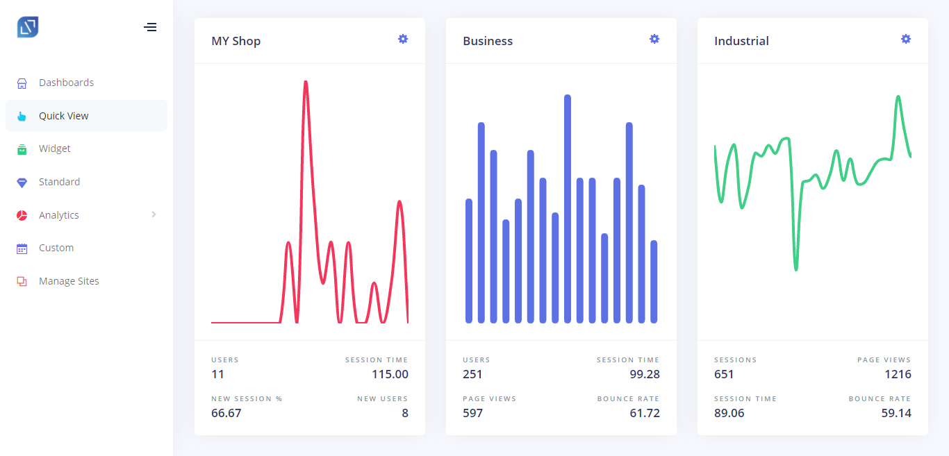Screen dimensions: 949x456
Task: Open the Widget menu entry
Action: pyautogui.click(x=54, y=149)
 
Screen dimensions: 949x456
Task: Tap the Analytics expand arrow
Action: pyautogui.click(x=154, y=214)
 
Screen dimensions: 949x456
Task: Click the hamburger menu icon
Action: pyautogui.click(x=150, y=28)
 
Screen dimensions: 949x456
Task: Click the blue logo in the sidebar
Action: pyautogui.click(x=28, y=27)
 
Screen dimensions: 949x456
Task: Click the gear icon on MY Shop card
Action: pyautogui.click(x=403, y=39)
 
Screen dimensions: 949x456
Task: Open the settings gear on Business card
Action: pyautogui.click(x=654, y=39)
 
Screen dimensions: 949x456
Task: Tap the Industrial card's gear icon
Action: pyautogui.click(x=906, y=39)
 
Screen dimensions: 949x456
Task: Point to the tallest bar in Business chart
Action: pyautogui.click(x=568, y=209)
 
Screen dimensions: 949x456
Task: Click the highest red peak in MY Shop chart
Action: pyautogui.click(x=306, y=81)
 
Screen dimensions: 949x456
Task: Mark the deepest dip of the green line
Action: pyautogui.click(x=796, y=269)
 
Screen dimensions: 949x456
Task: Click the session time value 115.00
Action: pyautogui.click(x=390, y=374)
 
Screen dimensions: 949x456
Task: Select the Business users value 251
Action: pyautogui.click(x=472, y=374)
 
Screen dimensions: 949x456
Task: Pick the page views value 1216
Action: pyautogui.click(x=898, y=374)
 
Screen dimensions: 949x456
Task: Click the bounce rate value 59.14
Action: pyautogui.click(x=896, y=413)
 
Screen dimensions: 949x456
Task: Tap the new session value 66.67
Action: pyautogui.click(x=226, y=413)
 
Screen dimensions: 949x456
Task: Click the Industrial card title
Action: pyautogui.click(x=741, y=41)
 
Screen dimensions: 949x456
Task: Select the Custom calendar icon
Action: pyautogui.click(x=22, y=248)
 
